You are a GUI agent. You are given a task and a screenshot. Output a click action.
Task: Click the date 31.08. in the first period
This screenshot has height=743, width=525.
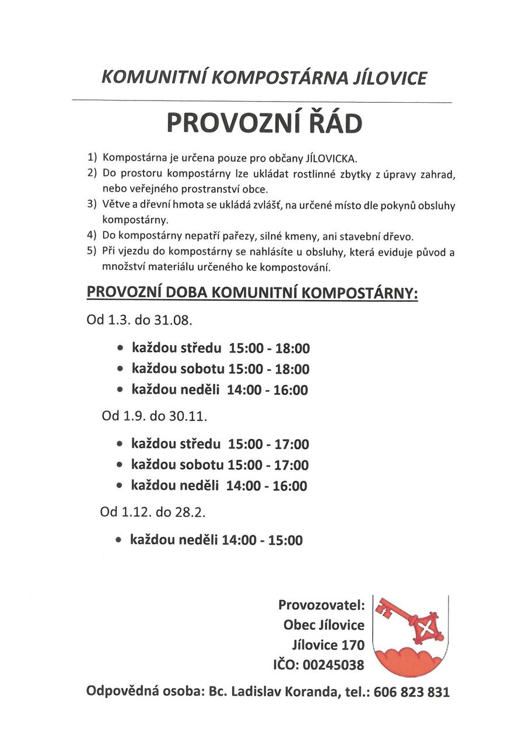coord(173,320)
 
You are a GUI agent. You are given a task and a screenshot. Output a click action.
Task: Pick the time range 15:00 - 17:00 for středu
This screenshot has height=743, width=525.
coord(268,445)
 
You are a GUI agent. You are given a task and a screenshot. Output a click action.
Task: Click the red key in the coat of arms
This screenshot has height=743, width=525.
coord(413,621)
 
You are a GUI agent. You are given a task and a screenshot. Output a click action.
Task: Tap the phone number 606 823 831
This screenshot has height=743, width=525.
coord(412,692)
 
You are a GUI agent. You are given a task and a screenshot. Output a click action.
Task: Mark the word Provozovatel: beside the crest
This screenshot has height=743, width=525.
coord(321,605)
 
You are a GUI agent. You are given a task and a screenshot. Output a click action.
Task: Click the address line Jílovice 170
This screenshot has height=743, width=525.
coord(328,645)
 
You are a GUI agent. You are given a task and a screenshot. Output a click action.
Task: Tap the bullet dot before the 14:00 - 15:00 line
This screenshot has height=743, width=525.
coord(118,541)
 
